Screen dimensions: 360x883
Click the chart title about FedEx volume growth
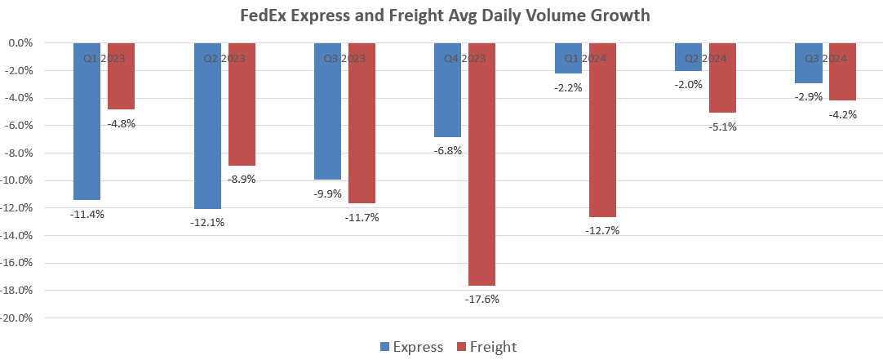445,16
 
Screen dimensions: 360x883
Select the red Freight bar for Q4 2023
481,163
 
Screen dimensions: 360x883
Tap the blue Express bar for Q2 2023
207,126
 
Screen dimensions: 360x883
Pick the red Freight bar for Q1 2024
602,130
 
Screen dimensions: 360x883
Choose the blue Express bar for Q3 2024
809,63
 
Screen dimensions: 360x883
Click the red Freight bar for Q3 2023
362,122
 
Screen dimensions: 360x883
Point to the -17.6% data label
481,299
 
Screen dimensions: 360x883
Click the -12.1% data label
207,222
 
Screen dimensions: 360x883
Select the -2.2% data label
568,87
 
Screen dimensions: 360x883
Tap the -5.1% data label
722,127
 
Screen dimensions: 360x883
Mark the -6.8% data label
447,150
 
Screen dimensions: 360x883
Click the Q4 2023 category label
464,58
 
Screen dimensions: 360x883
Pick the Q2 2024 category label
705,58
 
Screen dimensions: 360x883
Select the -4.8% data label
121,124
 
